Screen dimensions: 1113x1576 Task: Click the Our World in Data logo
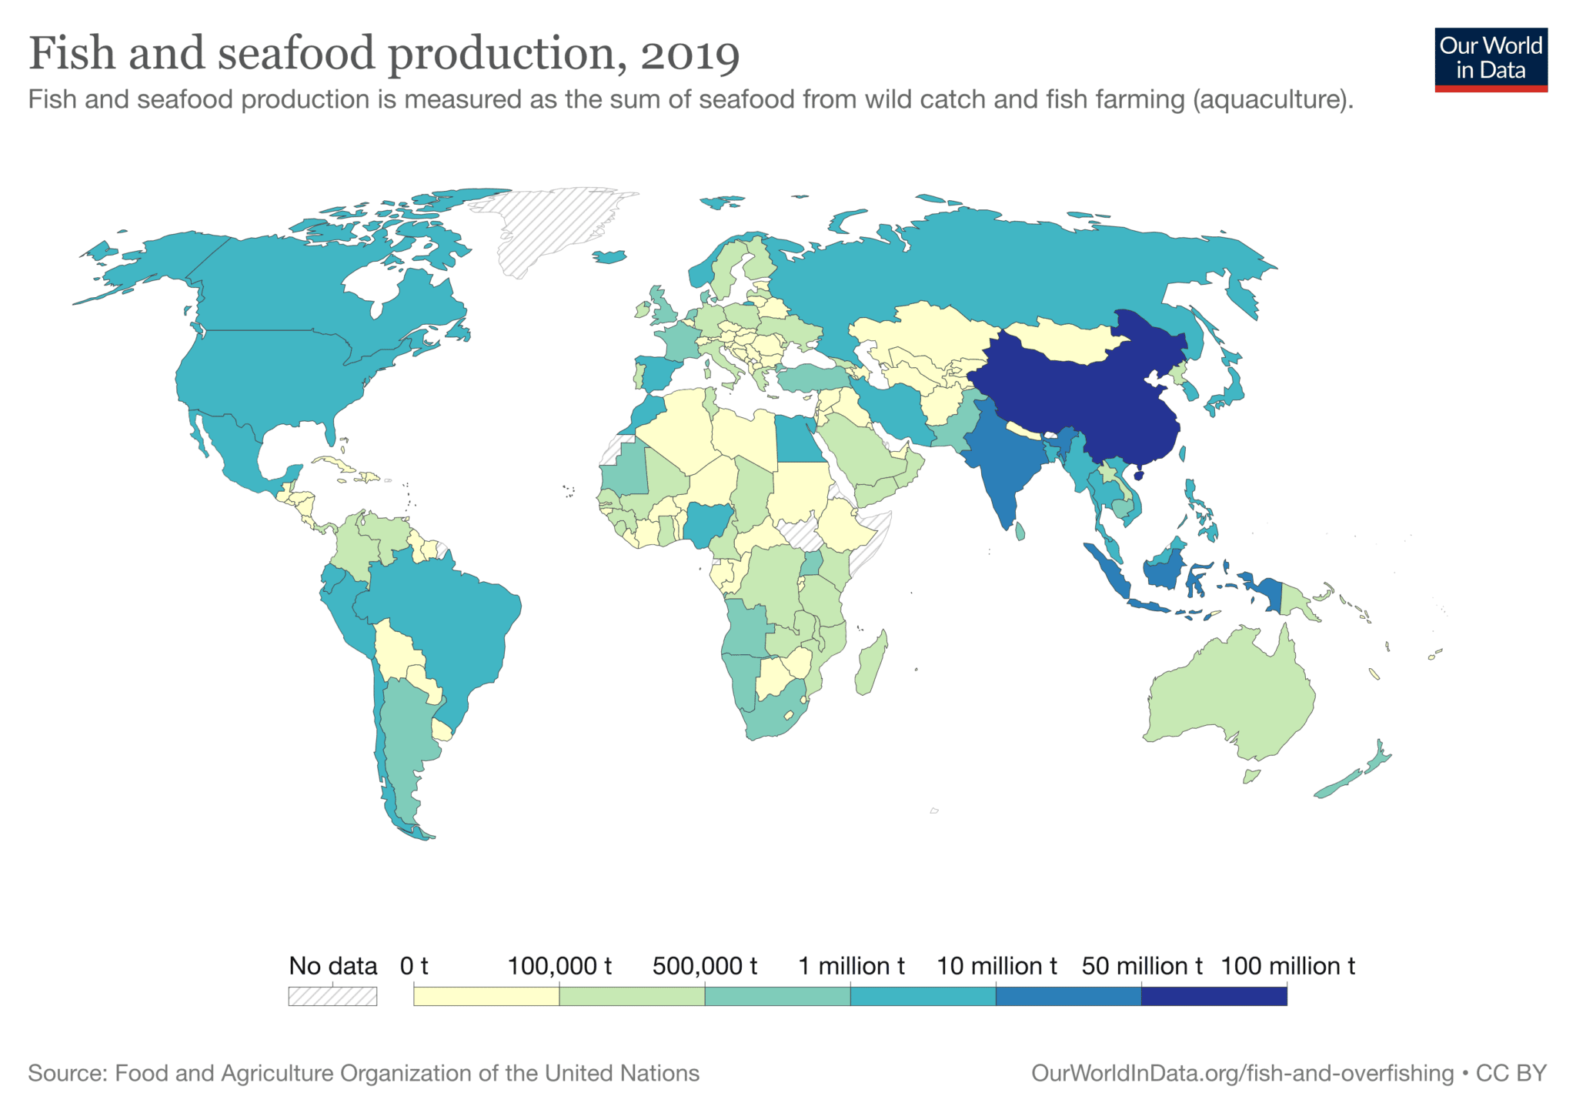(x=1491, y=59)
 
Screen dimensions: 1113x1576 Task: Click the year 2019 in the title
(x=689, y=55)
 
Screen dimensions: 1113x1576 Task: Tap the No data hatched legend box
(x=332, y=996)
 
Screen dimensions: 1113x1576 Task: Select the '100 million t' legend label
(x=1287, y=966)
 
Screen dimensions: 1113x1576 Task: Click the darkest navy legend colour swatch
(x=1214, y=996)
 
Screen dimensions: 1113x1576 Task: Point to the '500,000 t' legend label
(x=704, y=966)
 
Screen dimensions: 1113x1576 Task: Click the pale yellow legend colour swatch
(x=486, y=996)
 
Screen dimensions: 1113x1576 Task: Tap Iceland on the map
(x=610, y=257)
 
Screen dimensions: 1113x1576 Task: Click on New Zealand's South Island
(x=1339, y=785)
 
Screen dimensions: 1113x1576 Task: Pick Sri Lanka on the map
(x=1020, y=531)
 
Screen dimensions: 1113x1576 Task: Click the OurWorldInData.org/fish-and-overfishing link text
(x=1242, y=1073)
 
